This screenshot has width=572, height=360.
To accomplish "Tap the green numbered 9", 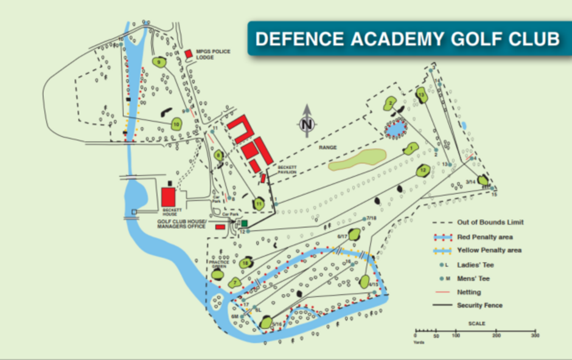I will click(160, 62).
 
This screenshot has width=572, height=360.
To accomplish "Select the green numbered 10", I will click(176, 124).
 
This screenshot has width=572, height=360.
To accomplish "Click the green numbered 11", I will click(259, 203).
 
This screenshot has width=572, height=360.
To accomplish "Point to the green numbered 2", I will click(390, 104).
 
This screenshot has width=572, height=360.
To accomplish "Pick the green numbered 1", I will click(411, 148).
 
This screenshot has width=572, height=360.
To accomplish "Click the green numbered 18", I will click(246, 263).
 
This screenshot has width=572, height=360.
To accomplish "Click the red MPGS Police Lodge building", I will click(189, 54).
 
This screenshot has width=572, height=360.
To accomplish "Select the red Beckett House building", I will click(169, 196).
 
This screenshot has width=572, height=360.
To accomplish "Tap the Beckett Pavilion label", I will click(287, 170).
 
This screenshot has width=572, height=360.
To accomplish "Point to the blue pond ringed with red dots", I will click(396, 129).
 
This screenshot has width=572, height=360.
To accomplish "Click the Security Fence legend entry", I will click(480, 305).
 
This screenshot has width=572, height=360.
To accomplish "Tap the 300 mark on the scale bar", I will click(535, 336).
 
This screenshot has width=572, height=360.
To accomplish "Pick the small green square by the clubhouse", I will click(244, 224).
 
